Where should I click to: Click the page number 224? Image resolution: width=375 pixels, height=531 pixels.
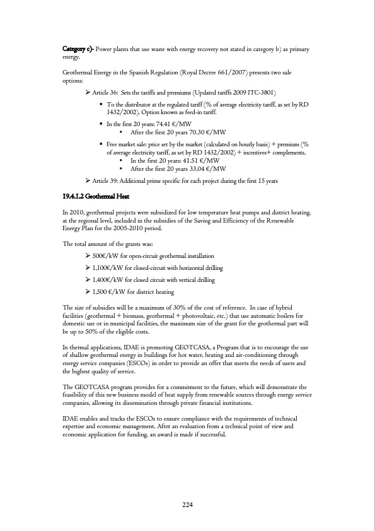point(187,505)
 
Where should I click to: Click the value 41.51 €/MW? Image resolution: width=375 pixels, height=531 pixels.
point(199,161)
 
